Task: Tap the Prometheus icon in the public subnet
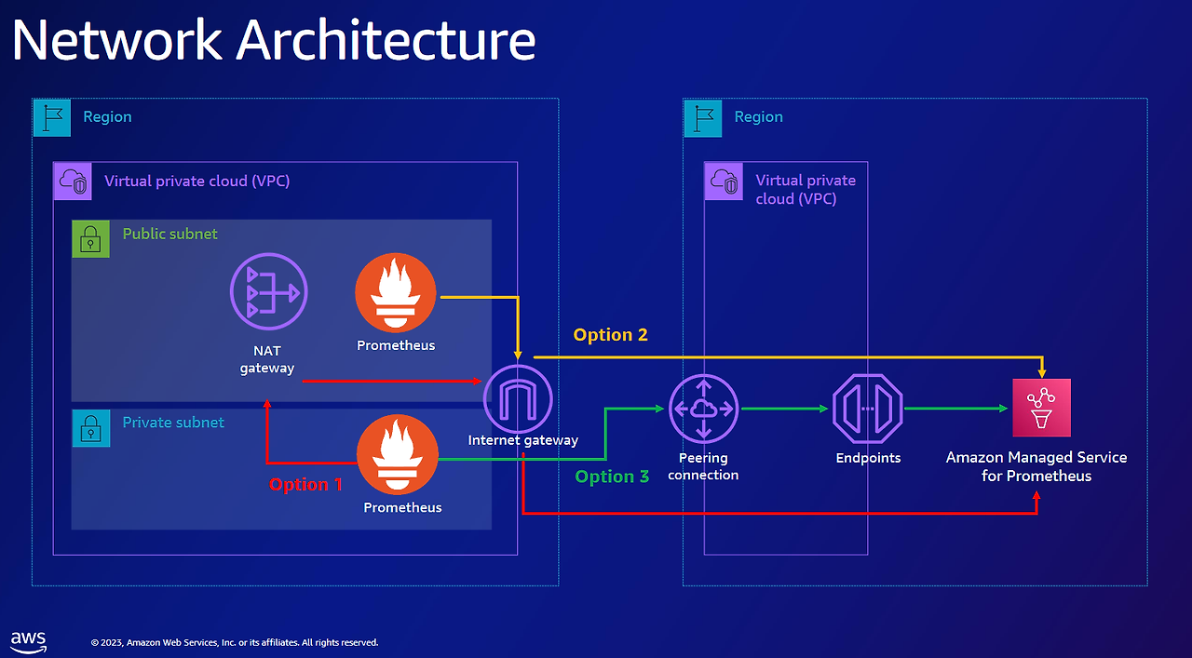click(x=396, y=292)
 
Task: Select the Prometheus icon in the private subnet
click(x=398, y=456)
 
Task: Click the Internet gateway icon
click(x=518, y=399)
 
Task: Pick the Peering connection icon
click(x=703, y=409)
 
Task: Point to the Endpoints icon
click(x=868, y=409)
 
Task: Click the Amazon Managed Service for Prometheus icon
click(x=1041, y=408)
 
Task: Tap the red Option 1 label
click(x=305, y=485)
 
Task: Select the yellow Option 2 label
click(x=610, y=335)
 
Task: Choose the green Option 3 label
click(x=612, y=477)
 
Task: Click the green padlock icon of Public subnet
click(x=90, y=239)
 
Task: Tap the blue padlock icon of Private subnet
click(x=90, y=428)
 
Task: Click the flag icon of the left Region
click(x=51, y=117)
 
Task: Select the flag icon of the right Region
click(x=702, y=118)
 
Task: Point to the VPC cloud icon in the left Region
click(x=72, y=181)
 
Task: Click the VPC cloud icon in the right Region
click(x=723, y=181)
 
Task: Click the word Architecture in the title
click(x=386, y=41)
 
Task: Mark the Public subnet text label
click(x=169, y=234)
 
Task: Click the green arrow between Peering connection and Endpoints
click(x=785, y=409)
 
